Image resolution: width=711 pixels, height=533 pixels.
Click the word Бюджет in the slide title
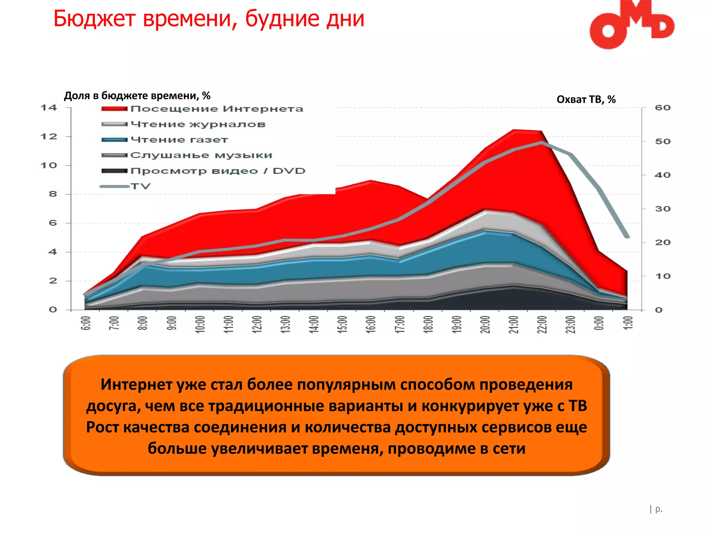pos(94,19)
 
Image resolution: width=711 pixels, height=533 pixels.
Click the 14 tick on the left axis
pos(49,108)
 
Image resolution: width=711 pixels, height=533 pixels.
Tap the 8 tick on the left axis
pos(53,194)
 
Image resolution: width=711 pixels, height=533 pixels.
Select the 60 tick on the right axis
pos(662,108)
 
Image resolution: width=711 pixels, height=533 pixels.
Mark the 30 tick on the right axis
pos(662,209)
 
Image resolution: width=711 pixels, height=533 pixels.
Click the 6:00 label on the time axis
pos(85,323)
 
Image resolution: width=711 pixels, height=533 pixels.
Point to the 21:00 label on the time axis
pos(513,324)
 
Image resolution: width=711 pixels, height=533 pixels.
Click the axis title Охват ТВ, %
pos(586,100)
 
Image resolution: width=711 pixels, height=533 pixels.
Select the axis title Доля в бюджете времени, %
pos(137,95)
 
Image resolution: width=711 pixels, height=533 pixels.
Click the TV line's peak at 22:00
pos(542,143)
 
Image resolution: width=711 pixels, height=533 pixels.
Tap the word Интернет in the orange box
pos(136,384)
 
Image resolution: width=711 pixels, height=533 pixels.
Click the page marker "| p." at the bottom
pos(656,509)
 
